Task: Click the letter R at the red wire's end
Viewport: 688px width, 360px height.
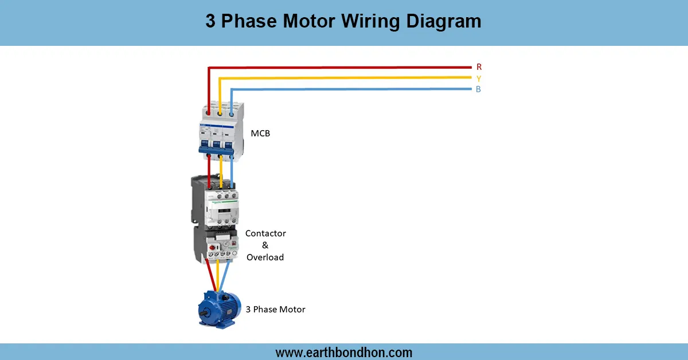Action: [479, 67]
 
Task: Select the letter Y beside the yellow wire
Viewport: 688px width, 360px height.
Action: [479, 78]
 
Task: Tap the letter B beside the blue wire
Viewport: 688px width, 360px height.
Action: [478, 89]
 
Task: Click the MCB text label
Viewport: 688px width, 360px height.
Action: [260, 134]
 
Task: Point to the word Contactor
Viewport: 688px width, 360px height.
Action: [265, 233]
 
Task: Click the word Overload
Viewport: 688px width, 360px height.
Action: [265, 257]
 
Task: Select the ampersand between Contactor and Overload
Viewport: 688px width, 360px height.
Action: [265, 245]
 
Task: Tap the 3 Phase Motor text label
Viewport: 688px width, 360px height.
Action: [275, 310]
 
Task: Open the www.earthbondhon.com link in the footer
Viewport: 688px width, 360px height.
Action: [343, 352]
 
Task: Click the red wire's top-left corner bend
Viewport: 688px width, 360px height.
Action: [209, 68]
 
